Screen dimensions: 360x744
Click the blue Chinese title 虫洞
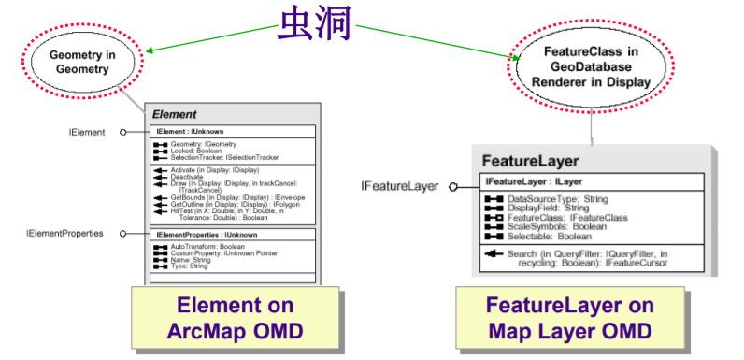314,25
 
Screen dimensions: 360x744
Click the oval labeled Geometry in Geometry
82,62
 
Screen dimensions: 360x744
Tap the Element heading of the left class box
175,113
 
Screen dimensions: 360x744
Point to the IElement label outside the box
87,133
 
